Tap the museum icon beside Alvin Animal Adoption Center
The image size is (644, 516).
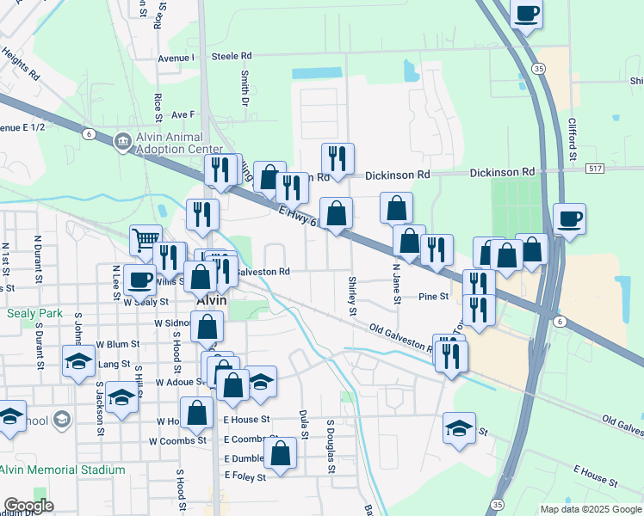click(123, 140)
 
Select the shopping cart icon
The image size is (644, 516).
click(146, 240)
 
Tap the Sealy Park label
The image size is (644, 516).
click(34, 313)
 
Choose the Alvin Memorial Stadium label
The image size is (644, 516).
click(62, 470)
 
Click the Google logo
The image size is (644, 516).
click(28, 506)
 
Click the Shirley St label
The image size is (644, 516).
click(352, 295)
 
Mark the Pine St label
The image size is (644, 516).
click(433, 297)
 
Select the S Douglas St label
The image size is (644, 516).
click(330, 445)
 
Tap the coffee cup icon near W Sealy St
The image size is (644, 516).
click(140, 279)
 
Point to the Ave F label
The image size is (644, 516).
click(183, 114)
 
